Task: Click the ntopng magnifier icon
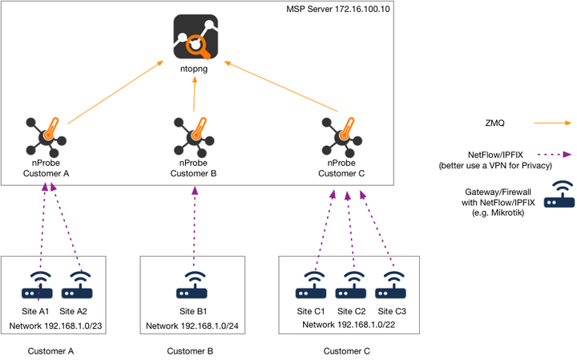coord(195,38)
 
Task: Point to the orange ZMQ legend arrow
coord(549,124)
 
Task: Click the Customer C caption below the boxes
coord(348,351)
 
